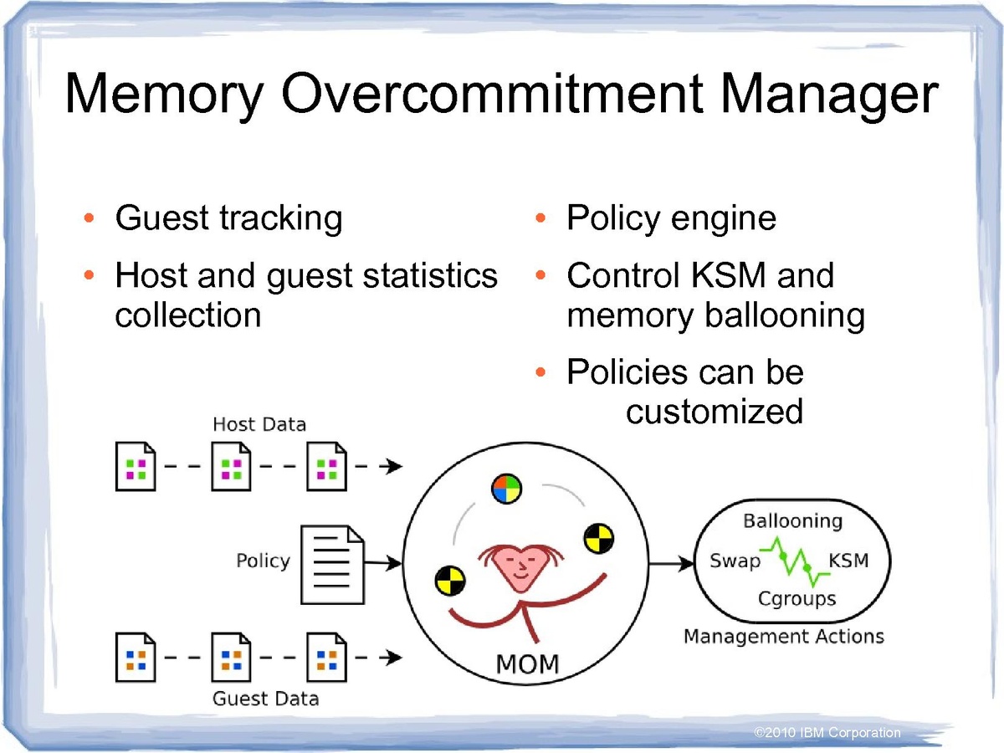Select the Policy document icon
[x=332, y=564]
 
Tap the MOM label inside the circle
[x=527, y=665]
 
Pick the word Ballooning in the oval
[x=792, y=521]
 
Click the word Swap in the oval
[x=735, y=561]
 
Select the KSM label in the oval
[x=848, y=560]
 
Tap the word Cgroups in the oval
[x=797, y=598]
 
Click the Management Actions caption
[x=783, y=637]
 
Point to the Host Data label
[x=259, y=424]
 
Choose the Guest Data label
[x=266, y=698]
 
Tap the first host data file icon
[x=136, y=467]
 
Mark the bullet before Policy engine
[x=541, y=220]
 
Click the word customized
[x=715, y=411]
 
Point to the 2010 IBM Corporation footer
[x=827, y=733]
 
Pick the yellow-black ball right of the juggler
[x=599, y=536]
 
